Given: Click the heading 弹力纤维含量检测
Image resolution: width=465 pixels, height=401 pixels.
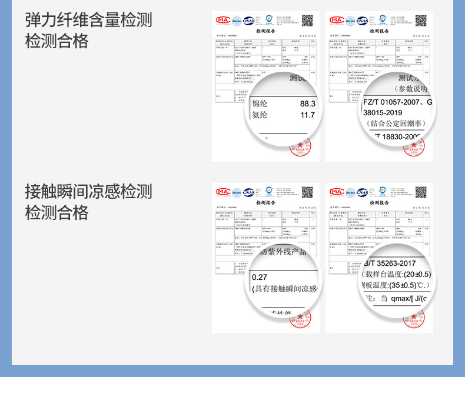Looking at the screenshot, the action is pyautogui.click(x=88, y=20).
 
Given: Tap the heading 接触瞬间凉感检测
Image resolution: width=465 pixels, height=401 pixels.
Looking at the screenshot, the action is pyautogui.click(x=88, y=191).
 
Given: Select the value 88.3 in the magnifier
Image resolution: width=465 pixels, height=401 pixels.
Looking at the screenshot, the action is pyautogui.click(x=308, y=103).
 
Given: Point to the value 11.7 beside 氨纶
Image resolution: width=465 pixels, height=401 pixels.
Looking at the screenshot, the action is pyautogui.click(x=308, y=115).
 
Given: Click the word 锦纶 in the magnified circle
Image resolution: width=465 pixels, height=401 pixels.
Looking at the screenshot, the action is pyautogui.click(x=260, y=103).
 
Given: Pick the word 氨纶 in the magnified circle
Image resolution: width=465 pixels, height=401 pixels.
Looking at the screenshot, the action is pyautogui.click(x=260, y=115).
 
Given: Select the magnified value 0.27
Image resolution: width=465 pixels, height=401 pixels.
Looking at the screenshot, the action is pyautogui.click(x=259, y=277).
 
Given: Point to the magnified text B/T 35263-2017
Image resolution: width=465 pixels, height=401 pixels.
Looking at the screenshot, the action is pyautogui.click(x=391, y=263).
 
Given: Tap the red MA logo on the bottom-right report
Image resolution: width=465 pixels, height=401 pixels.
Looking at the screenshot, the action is pyautogui.click(x=336, y=192).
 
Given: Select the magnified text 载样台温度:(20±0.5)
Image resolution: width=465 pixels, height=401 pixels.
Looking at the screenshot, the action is pyautogui.click(x=398, y=275).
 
